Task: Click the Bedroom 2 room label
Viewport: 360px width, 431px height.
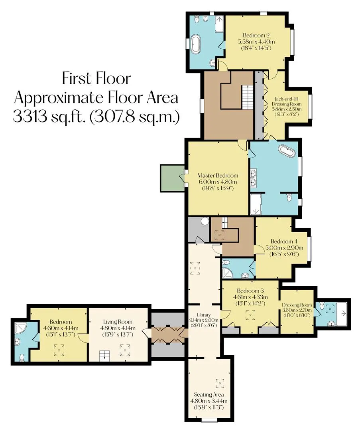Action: tap(256, 36)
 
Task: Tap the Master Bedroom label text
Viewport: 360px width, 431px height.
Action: tap(218, 175)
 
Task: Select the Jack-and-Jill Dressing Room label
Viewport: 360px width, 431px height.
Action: tap(286, 101)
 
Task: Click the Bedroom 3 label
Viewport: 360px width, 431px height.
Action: tap(250, 291)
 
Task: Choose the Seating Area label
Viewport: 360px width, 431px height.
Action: tap(209, 394)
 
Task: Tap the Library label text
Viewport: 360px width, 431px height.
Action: tap(204, 315)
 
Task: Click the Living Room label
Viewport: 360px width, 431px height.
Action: tap(118, 322)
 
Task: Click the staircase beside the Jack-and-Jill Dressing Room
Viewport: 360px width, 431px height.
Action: tap(248, 97)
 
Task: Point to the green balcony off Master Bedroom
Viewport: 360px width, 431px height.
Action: tap(173, 178)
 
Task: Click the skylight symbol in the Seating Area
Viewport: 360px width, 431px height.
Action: tap(219, 383)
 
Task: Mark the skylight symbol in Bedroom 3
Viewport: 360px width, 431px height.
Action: tap(250, 315)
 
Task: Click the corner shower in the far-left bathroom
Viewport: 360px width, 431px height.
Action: tap(20, 328)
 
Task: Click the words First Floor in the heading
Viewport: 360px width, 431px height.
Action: tap(96, 78)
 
